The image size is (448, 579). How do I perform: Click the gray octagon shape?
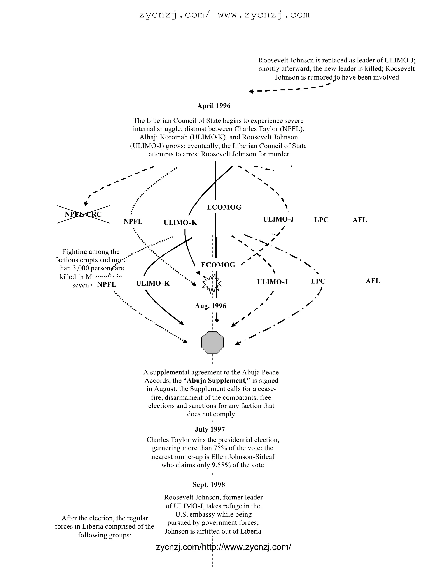tap(212, 343)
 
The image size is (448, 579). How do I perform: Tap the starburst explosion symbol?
tap(212, 284)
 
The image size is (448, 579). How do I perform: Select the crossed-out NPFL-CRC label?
tap(83, 214)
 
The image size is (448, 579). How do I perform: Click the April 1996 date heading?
tap(214, 106)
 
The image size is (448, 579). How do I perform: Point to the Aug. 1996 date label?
tap(210, 306)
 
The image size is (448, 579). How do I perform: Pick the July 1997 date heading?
tap(210, 429)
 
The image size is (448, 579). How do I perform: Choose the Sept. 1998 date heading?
tap(209, 485)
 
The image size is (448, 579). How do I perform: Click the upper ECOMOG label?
tap(224, 207)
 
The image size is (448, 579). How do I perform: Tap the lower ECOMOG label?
tap(218, 265)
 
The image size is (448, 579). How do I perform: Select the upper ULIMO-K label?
tap(180, 222)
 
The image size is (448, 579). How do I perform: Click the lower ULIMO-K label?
tap(153, 283)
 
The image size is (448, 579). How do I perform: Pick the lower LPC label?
tap(318, 281)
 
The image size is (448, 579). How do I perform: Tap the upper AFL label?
tap(360, 220)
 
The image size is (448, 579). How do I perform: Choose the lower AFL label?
tap(373, 281)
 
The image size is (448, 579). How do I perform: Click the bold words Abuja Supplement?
tap(216, 381)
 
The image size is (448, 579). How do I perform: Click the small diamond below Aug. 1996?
tap(217, 320)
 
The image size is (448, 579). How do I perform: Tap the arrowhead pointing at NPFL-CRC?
tap(86, 204)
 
